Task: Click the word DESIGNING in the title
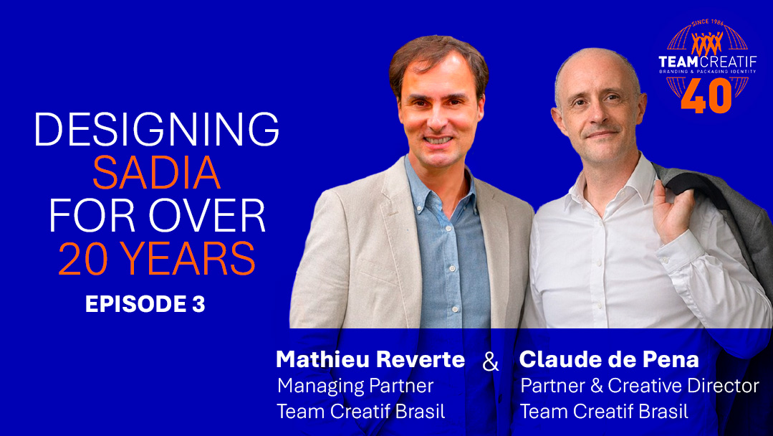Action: coord(157,129)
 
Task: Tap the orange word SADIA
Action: coord(156,173)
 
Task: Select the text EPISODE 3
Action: coord(145,304)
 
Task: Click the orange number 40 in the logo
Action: coord(706,95)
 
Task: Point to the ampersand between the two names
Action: coord(491,362)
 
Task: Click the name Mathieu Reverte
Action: coord(370,359)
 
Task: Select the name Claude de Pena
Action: coord(609,359)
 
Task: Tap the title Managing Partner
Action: coord(355,386)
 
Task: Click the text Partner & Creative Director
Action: coord(640,386)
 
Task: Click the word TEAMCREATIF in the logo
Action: coord(707,62)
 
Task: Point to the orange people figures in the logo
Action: coord(707,44)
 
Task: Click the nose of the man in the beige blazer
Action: coord(437,116)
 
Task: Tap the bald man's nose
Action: coord(597,116)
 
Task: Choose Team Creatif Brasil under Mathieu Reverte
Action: coord(361,412)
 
